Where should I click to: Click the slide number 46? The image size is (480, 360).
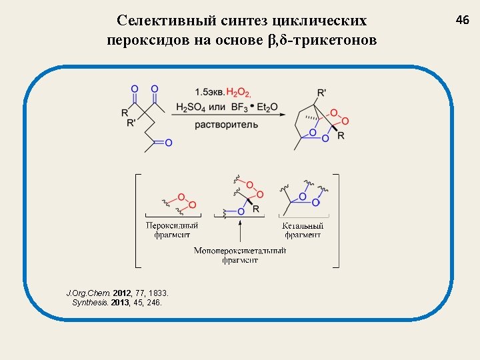coord(463,20)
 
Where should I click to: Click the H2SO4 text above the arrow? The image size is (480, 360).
coord(191,107)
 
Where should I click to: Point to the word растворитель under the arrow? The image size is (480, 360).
coord(227,125)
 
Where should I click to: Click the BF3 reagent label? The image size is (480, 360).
coord(238,107)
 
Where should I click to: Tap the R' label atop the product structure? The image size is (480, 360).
coord(322,92)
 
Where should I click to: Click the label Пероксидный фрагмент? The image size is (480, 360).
coord(172,230)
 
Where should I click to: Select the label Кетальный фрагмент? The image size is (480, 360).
coord(303,230)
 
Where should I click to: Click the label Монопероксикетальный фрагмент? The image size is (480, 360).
coord(240,255)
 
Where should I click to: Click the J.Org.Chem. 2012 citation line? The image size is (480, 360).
coord(118,293)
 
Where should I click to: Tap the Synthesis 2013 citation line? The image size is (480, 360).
coord(116,302)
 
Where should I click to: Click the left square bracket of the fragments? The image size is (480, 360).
coord(137,221)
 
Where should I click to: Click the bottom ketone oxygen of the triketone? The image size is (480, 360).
coord(169,143)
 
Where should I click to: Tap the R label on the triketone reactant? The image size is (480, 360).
coord(125,113)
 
